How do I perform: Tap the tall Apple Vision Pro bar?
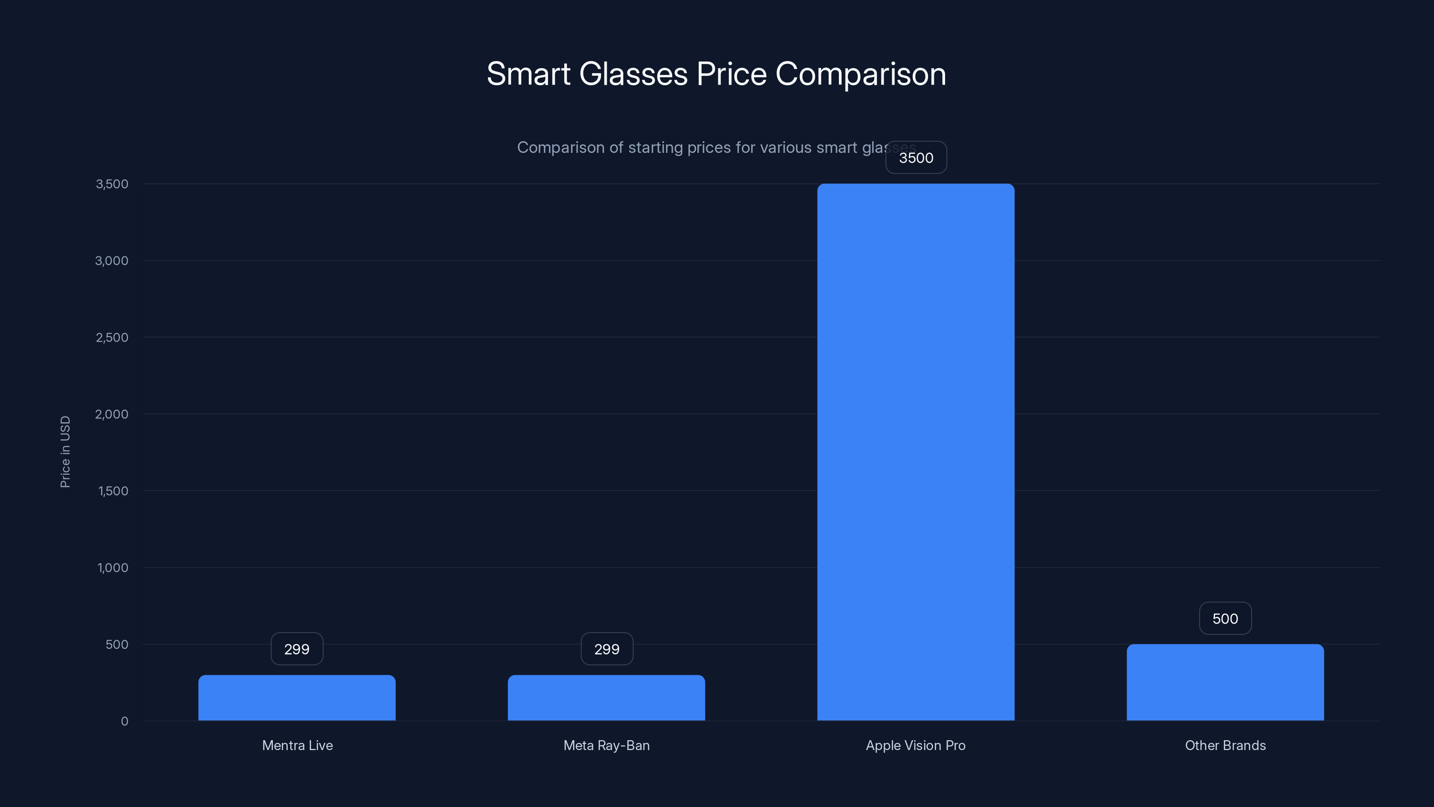pos(916,451)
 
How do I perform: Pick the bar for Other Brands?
pos(1225,682)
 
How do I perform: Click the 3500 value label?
pos(916,158)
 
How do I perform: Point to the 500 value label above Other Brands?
pos(1225,618)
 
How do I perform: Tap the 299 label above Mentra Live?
pos(297,649)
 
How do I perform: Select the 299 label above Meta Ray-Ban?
pos(607,649)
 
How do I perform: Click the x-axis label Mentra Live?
pos(297,745)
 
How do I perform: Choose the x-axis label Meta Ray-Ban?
pos(606,745)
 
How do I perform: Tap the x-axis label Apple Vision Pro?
pos(916,745)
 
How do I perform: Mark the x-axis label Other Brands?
pos(1225,745)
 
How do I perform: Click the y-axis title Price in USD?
pos(65,451)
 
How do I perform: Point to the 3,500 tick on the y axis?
pos(112,184)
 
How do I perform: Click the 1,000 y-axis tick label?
pos(112,568)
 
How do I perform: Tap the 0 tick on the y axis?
pos(124,721)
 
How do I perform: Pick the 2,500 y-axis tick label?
pos(112,338)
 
